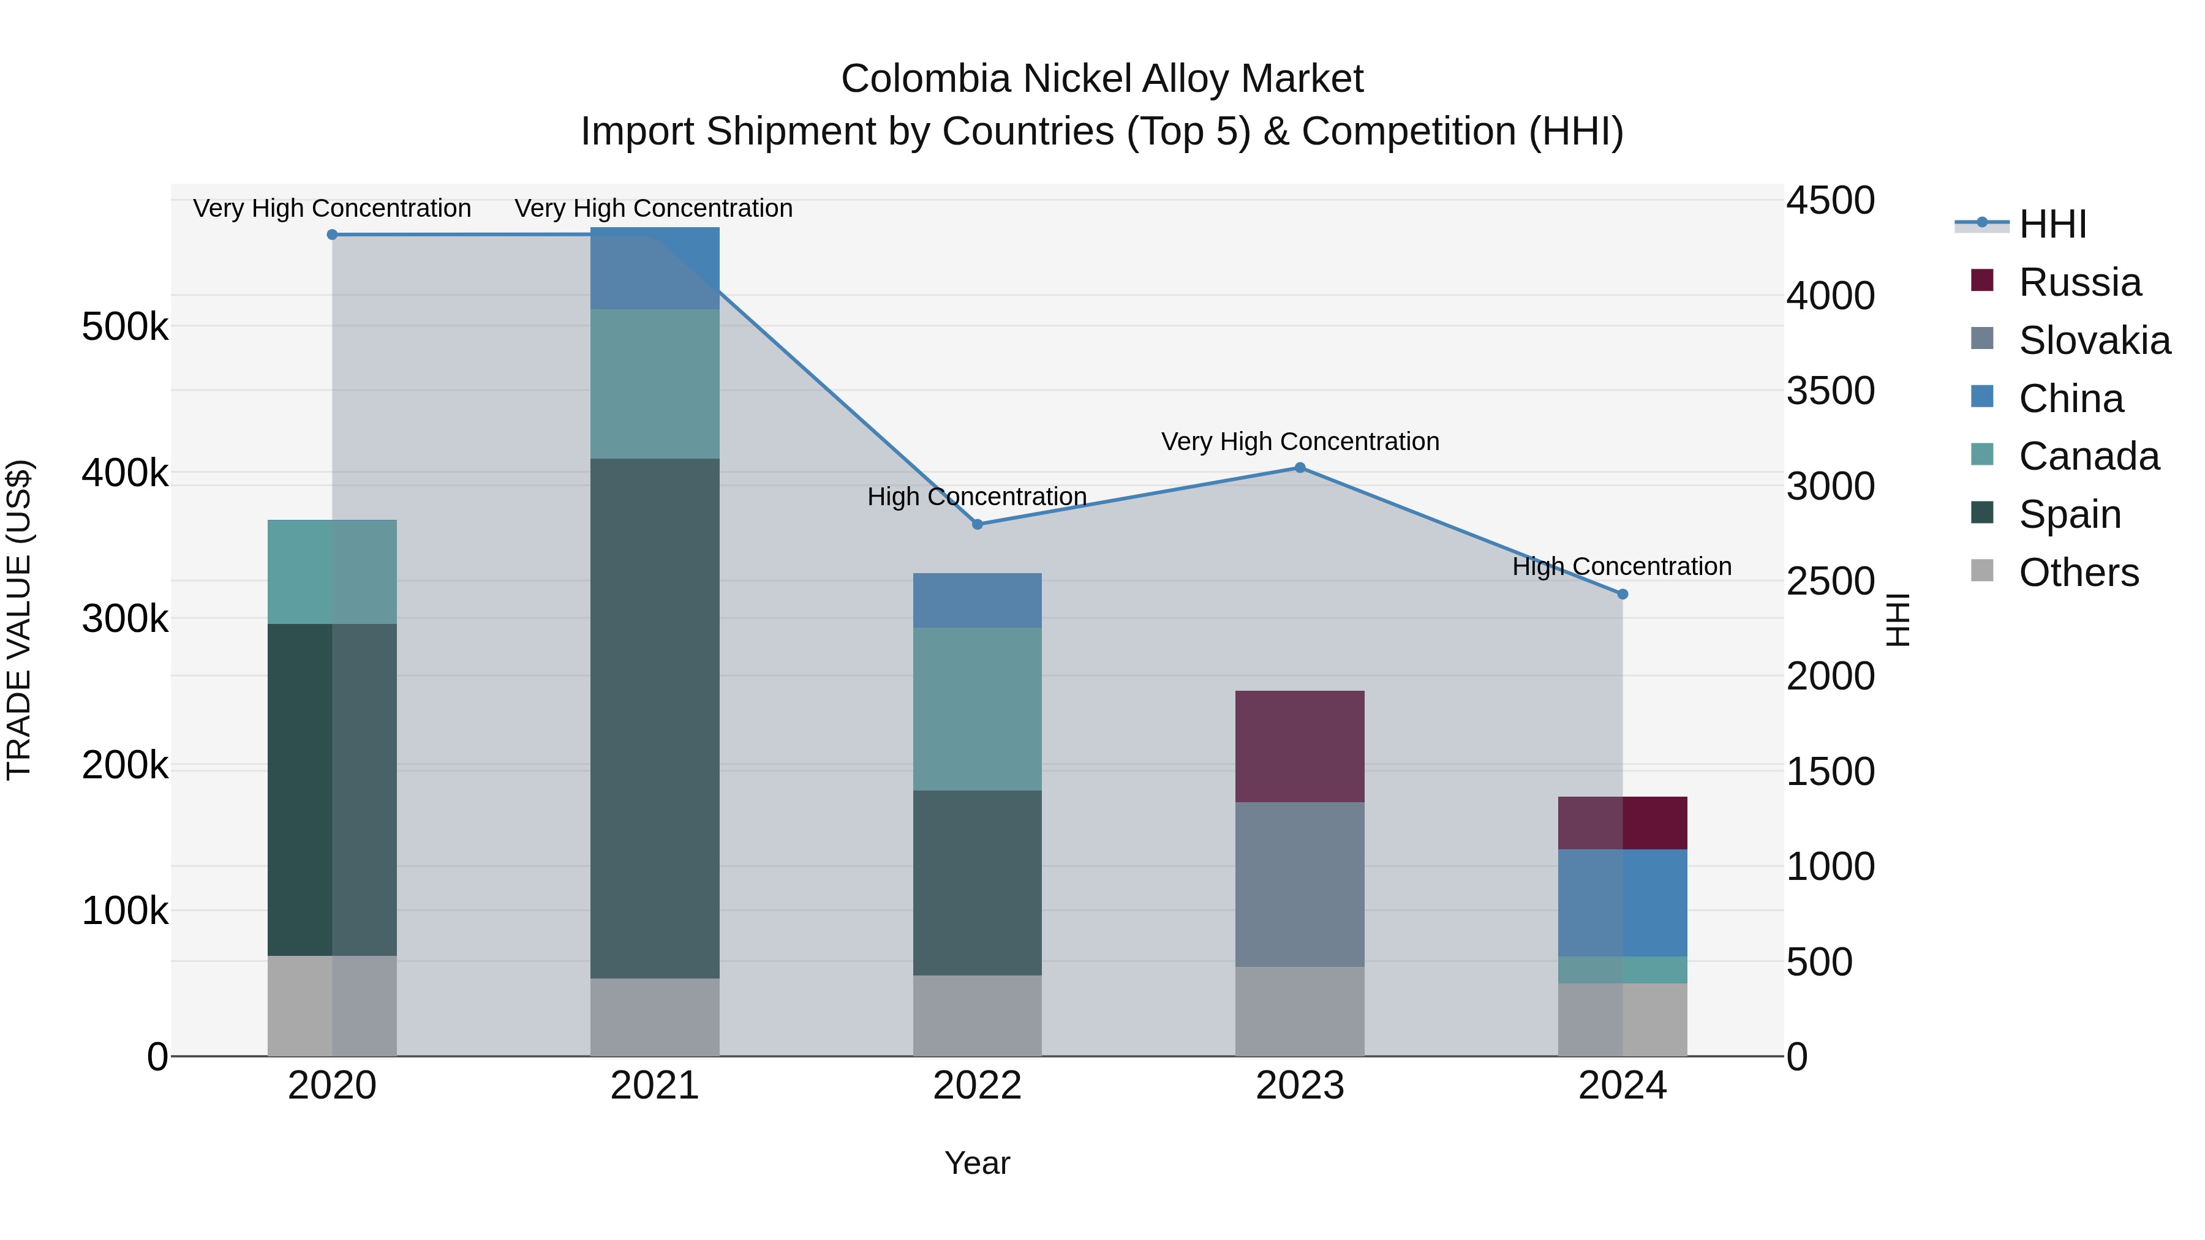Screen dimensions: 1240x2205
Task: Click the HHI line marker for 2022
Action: point(978,524)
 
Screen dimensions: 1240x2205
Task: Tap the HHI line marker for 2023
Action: point(1299,467)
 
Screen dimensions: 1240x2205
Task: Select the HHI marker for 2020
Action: point(332,235)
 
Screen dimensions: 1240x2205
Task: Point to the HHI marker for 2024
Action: point(1622,594)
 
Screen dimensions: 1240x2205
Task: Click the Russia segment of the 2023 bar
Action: point(1299,746)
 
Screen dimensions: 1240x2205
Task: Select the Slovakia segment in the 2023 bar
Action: point(1299,884)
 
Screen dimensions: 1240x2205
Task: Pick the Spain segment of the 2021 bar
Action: point(655,718)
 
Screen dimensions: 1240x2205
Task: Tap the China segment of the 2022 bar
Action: point(978,600)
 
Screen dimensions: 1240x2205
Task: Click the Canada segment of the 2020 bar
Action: point(332,572)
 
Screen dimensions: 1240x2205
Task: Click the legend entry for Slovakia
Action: point(2094,340)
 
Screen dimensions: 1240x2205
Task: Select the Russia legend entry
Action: point(2079,282)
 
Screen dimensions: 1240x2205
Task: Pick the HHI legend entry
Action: point(2052,224)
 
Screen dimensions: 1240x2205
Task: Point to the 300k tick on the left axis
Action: point(125,618)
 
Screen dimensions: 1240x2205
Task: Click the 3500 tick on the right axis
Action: point(1830,391)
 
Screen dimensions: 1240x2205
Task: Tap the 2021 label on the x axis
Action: point(655,1086)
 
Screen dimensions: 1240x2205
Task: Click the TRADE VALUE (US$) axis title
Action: point(19,620)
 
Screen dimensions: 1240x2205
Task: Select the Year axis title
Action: point(977,1163)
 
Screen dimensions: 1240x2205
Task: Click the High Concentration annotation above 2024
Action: point(1621,566)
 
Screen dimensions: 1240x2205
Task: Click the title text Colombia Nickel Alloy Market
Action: point(1102,79)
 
